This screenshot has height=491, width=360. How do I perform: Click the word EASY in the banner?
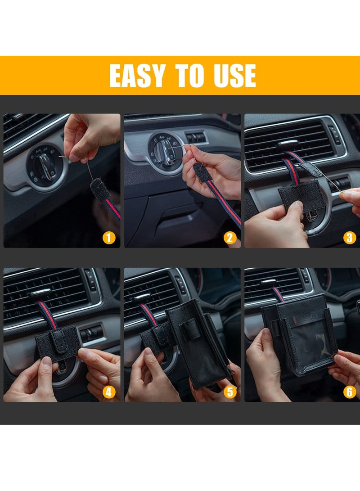(137, 76)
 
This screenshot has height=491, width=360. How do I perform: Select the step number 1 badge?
(109, 237)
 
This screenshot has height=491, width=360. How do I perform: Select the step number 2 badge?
(230, 237)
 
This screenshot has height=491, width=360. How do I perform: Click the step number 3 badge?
(350, 237)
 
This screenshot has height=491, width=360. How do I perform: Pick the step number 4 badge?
(109, 392)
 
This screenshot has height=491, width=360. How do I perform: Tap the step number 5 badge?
(230, 392)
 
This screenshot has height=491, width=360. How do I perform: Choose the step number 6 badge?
(350, 392)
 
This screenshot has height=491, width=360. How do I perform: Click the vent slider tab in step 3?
(287, 145)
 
